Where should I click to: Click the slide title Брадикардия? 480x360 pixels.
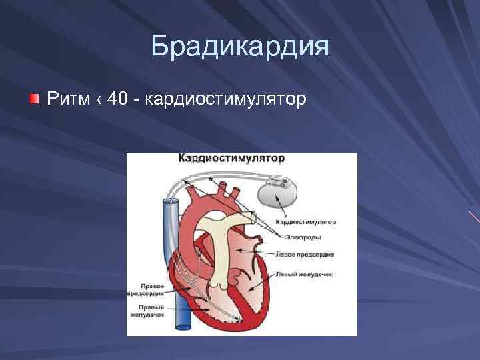pos(240,47)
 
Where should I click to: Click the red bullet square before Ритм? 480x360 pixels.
pos(34,99)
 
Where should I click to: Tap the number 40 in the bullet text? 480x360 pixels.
pos(117,99)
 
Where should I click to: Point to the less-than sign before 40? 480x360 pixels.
pos(99,100)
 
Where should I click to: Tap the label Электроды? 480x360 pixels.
pos(301,237)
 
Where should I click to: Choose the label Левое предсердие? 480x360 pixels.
pos(305,255)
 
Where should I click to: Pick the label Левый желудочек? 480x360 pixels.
pos(305,273)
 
